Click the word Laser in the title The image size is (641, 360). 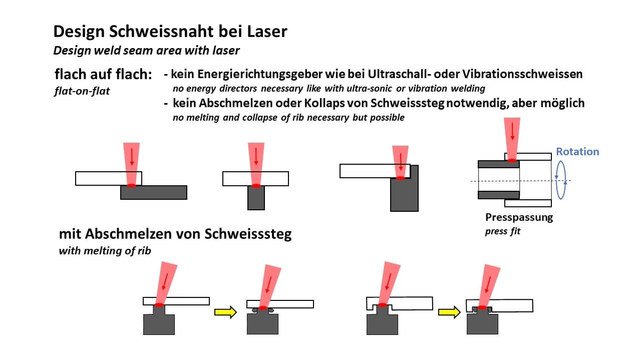tap(267, 32)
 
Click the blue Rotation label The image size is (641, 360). tap(577, 152)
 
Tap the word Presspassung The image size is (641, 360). tap(519, 217)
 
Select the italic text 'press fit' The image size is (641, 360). tap(502, 232)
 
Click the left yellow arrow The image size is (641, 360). tap(225, 312)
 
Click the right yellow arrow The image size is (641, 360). tap(449, 312)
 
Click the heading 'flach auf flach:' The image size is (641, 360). tap(103, 75)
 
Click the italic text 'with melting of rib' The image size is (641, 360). tap(105, 251)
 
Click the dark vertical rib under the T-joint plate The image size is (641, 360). tap(256, 199)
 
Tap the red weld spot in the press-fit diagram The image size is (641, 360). tap(512, 160)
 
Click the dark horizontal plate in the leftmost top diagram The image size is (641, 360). tap(154, 192)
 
